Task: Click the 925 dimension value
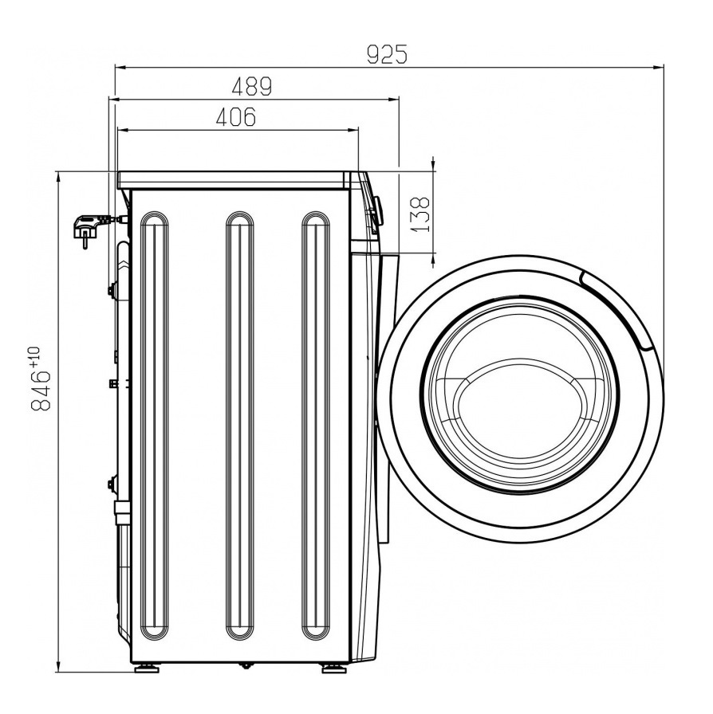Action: point(387,55)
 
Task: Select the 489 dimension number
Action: point(252,86)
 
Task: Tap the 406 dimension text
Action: point(236,117)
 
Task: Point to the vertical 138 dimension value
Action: point(420,214)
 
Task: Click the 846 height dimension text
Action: point(40,390)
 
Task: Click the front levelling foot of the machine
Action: point(333,669)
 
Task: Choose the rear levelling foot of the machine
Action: point(148,669)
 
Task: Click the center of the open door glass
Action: point(520,394)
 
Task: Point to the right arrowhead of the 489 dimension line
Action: point(393,99)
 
